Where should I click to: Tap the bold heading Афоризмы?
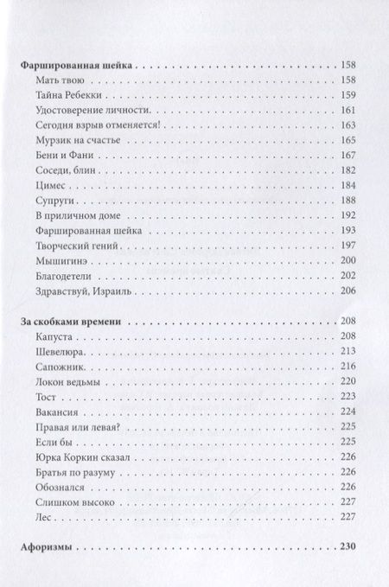click(46, 547)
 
